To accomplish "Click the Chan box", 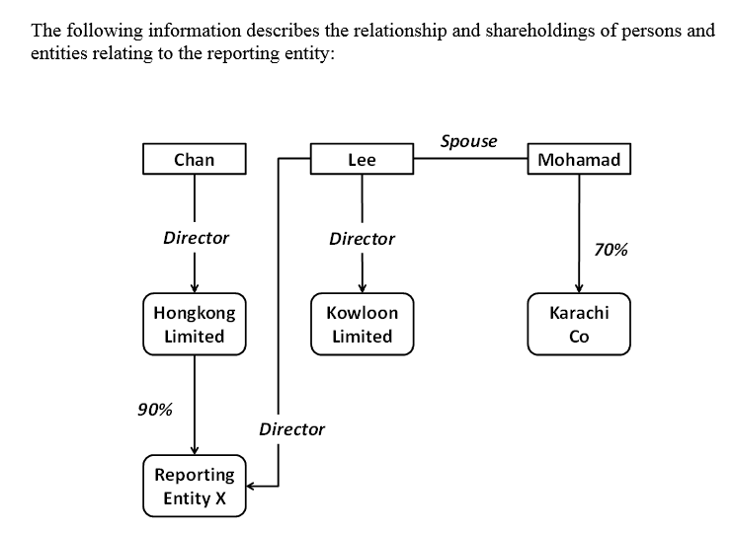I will [x=194, y=159].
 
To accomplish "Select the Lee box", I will [x=362, y=159].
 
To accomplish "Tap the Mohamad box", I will [x=580, y=159].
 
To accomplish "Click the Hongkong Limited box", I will [x=194, y=324].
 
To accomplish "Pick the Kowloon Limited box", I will [x=362, y=324].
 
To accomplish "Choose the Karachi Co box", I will [x=579, y=324].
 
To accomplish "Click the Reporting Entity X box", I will [x=194, y=487].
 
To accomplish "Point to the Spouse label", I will [x=468, y=141].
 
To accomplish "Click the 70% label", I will [x=611, y=250].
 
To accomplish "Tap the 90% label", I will [x=154, y=410].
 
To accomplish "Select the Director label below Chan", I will [x=196, y=238].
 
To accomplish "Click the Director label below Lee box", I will [x=362, y=239].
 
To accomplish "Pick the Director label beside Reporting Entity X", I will [x=291, y=429].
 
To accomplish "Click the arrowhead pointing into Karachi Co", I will [x=579, y=287].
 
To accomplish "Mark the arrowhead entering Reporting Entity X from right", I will [x=251, y=486].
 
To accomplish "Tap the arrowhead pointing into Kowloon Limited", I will [x=362, y=287].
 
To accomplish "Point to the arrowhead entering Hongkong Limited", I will [x=194, y=287].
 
